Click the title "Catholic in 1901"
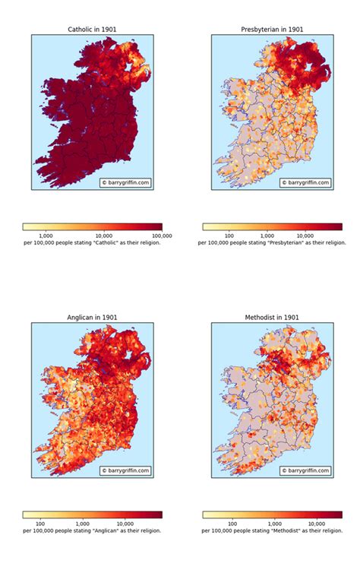pyautogui.click(x=92, y=29)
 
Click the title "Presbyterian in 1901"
pyautogui.click(x=272, y=29)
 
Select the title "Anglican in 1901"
pyautogui.click(x=92, y=317)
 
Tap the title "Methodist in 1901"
pyautogui.click(x=272, y=317)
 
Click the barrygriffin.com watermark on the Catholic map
pyautogui.click(x=125, y=182)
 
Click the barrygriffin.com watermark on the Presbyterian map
pyautogui.click(x=305, y=182)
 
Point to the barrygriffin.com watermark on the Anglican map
pyautogui.click(x=125, y=470)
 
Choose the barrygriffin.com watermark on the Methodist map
pyautogui.click(x=305, y=470)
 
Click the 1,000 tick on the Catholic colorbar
pyautogui.click(x=46, y=236)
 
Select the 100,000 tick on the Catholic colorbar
pyautogui.click(x=162, y=236)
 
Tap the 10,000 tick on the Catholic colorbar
pyautogui.click(x=104, y=236)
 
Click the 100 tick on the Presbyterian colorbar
pyautogui.click(x=227, y=236)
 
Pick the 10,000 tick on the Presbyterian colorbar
pyautogui.click(x=305, y=236)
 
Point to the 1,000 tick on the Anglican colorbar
pyautogui.click(x=84, y=524)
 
